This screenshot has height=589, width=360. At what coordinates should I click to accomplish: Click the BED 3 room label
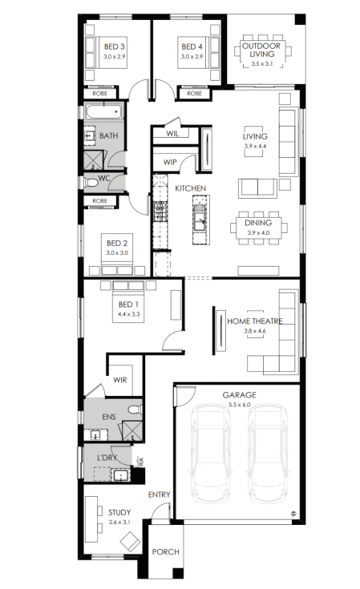pyautogui.click(x=114, y=47)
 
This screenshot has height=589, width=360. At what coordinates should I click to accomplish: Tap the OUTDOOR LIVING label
pyautogui.click(x=261, y=50)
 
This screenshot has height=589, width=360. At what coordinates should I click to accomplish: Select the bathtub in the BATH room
pyautogui.click(x=103, y=112)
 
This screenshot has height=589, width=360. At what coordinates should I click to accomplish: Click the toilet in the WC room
pyautogui.click(x=91, y=183)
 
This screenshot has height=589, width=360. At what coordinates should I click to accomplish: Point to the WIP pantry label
pyautogui.click(x=170, y=162)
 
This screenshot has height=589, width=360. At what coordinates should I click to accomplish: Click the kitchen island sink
pyautogui.click(x=199, y=220)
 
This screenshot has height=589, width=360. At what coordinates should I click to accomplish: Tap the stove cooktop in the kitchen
pyautogui.click(x=160, y=212)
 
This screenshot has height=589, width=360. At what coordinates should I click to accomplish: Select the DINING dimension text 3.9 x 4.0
pyautogui.click(x=258, y=233)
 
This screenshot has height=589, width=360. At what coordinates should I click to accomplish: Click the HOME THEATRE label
pyautogui.click(x=255, y=321)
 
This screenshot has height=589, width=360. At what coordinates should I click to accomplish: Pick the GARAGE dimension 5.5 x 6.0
pyautogui.click(x=240, y=405)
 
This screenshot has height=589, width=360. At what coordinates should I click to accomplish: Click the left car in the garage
pyautogui.click(x=210, y=454)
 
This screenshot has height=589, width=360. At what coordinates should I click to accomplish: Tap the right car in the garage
pyautogui.click(x=269, y=454)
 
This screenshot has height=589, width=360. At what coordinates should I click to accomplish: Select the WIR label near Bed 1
pyautogui.click(x=120, y=380)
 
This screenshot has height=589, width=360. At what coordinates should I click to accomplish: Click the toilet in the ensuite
pyautogui.click(x=135, y=409)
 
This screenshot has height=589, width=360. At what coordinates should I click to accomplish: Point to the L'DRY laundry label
pyautogui.click(x=107, y=458)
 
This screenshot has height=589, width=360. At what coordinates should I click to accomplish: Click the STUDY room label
pyautogui.click(x=119, y=513)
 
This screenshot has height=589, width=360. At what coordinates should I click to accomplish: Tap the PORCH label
pyautogui.click(x=166, y=552)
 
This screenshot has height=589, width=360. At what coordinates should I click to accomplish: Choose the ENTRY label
pyautogui.click(x=160, y=494)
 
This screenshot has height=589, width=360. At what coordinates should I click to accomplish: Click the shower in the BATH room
pyautogui.click(x=93, y=160)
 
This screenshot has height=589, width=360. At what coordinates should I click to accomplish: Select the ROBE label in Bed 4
pyautogui.click(x=194, y=94)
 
